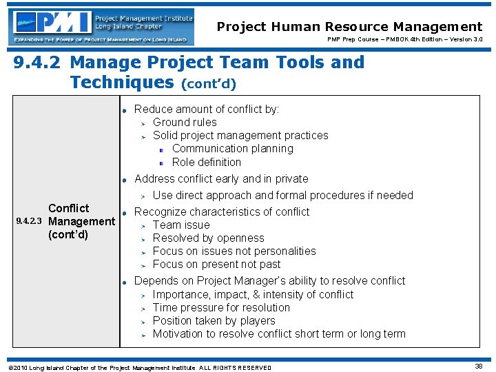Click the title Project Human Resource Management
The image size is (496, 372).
point(349,27)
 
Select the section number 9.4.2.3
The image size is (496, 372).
point(29,222)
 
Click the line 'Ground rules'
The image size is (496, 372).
point(185,122)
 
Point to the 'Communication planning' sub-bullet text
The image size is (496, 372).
point(232,148)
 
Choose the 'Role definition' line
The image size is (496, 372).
point(206,162)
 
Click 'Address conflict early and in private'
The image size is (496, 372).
point(221,178)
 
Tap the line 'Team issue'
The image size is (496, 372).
point(180,225)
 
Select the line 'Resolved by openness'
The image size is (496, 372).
point(208,238)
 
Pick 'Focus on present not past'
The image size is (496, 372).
point(216,264)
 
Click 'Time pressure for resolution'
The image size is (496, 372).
point(221,307)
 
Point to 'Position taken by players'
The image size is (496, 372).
point(214,320)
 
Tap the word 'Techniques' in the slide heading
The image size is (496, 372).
point(122,83)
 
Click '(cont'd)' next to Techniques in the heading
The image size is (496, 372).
point(208,85)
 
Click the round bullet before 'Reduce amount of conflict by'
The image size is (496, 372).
point(124,110)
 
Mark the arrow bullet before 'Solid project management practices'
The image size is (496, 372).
point(144,136)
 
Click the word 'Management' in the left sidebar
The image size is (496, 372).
point(81,221)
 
